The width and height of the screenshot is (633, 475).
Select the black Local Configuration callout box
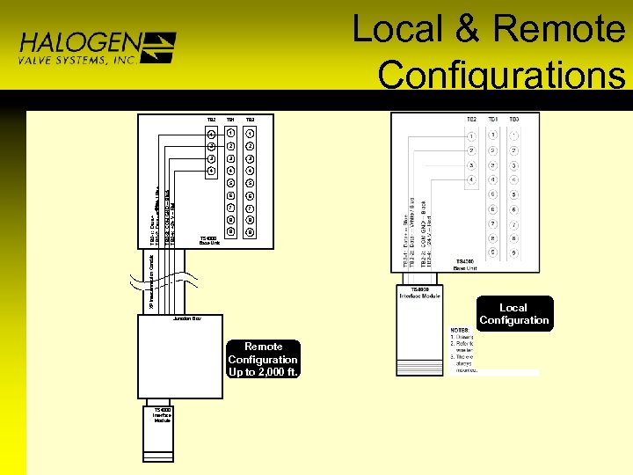click(513, 314)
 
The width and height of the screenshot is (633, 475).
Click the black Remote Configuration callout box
click(263, 359)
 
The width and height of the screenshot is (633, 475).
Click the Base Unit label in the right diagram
click(465, 265)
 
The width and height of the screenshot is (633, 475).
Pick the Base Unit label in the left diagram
click(209, 240)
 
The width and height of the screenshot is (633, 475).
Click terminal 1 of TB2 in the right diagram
click(471, 136)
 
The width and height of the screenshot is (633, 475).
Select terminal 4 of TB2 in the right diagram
click(471, 180)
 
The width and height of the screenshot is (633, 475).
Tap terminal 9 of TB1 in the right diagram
click(493, 252)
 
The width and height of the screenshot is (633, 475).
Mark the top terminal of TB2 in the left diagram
click(211, 134)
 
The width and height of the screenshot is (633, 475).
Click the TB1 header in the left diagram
click(230, 119)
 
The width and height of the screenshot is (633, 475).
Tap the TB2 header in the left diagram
click(211, 119)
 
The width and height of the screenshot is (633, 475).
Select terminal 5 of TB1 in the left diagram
click(230, 182)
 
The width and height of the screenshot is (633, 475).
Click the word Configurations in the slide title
click(502, 74)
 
